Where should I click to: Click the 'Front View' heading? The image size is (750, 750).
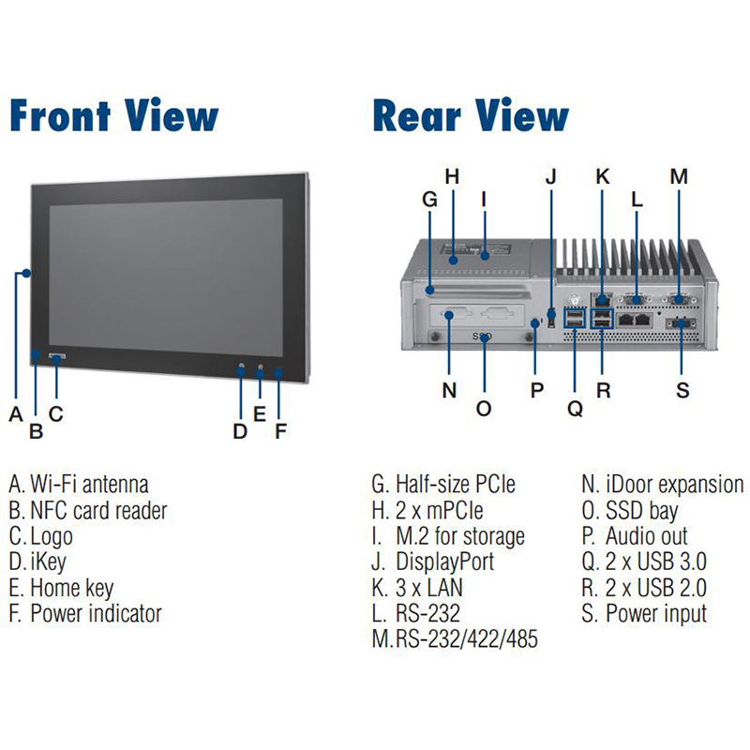point(113,116)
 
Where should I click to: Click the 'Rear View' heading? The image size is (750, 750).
point(471,116)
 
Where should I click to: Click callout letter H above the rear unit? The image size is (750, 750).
point(452,175)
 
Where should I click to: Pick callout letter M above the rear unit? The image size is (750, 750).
point(680,175)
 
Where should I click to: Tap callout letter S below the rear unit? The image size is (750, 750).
point(682,390)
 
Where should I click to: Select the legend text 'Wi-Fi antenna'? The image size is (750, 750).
point(89,485)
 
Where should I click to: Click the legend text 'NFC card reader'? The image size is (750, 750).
point(98,510)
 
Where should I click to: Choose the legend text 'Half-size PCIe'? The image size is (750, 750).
point(456,485)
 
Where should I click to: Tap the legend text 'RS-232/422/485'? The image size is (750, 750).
point(467,639)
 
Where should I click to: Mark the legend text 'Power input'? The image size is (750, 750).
point(656,614)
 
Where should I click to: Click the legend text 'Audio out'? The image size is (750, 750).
point(646,536)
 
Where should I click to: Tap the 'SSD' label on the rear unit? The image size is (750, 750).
point(482,337)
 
